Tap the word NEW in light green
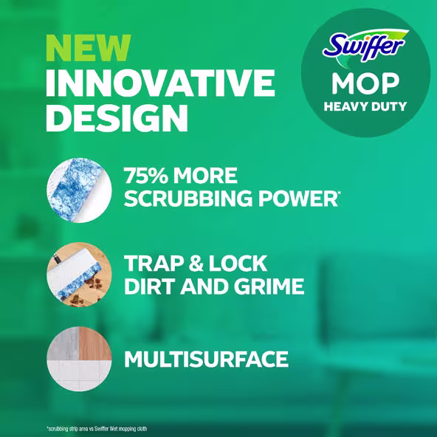[x=87, y=49]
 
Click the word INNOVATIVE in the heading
[x=159, y=83]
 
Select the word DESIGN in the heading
[x=116, y=117]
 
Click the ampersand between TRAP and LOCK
[x=199, y=264]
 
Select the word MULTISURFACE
[x=206, y=359]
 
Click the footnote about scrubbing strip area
[x=96, y=428]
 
